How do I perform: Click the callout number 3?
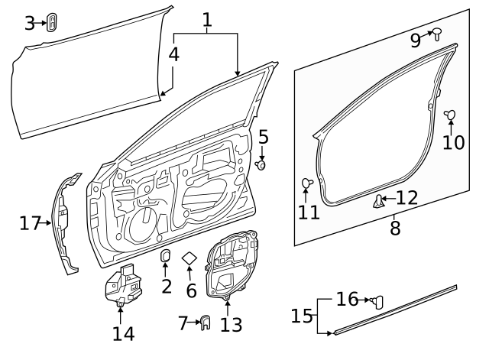coord(30,23)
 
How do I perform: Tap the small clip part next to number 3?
coord(52,22)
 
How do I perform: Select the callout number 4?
coord(174,54)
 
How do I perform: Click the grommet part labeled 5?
coord(262,164)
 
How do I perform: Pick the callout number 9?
coord(416,40)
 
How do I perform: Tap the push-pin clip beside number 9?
coord(437,33)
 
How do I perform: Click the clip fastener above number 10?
coord(449,115)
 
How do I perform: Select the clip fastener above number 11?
coord(307,183)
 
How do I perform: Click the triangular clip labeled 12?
coord(378,201)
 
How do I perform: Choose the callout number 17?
coord(30,223)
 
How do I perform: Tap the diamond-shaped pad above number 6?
coord(190,259)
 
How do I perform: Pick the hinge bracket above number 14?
coord(121,287)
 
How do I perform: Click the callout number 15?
coord(302,315)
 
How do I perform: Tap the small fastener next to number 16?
coord(377,301)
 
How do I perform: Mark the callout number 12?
coord(406,198)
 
